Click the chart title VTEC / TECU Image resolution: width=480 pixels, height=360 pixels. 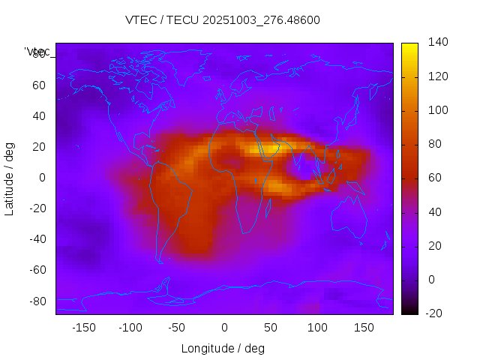pyautogui.click(x=222, y=20)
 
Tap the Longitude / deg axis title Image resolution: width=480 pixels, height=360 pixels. pyautogui.click(x=223, y=349)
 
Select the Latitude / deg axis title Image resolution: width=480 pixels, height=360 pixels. pyautogui.click(x=10, y=178)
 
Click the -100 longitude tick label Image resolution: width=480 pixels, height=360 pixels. pyautogui.click(x=130, y=328)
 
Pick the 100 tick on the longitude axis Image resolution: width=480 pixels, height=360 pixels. pyautogui.click(x=317, y=328)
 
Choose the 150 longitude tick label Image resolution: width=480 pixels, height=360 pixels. pyautogui.click(x=364, y=328)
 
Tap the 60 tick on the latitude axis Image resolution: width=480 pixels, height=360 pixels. pyautogui.click(x=40, y=85)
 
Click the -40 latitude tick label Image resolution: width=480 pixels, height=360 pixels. pyautogui.click(x=37, y=239)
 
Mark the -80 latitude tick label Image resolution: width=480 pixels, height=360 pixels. pyautogui.click(x=37, y=301)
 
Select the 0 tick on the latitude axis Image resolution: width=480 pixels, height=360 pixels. pyautogui.click(x=43, y=178)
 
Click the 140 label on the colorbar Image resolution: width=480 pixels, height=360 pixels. pyautogui.click(x=438, y=43)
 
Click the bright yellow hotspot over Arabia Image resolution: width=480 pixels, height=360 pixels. pyautogui.click(x=269, y=148)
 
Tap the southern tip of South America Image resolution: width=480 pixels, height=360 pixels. pyautogui.click(x=160, y=261)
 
